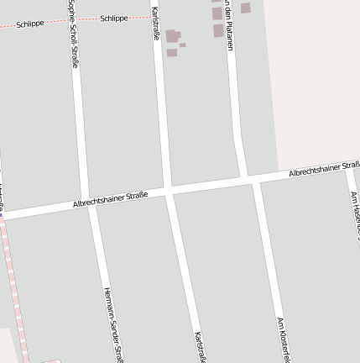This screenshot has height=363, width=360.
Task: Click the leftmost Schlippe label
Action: [31, 24]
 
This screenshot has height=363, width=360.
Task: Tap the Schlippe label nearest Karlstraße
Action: [114, 18]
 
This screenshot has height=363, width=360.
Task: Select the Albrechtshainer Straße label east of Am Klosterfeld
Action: [323, 169]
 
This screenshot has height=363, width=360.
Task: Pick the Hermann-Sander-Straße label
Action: [113, 324]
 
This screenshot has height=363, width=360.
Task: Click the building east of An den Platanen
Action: [246, 8]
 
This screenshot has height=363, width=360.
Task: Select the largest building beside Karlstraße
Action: [172, 36]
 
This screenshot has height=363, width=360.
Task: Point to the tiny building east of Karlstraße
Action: [183, 45]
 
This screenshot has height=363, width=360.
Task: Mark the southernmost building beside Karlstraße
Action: [172, 52]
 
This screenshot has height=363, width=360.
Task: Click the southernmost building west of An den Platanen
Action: [218, 31]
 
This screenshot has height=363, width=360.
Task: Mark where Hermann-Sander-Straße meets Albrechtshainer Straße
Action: [90, 203]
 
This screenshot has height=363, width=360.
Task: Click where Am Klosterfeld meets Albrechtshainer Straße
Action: [254, 178]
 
